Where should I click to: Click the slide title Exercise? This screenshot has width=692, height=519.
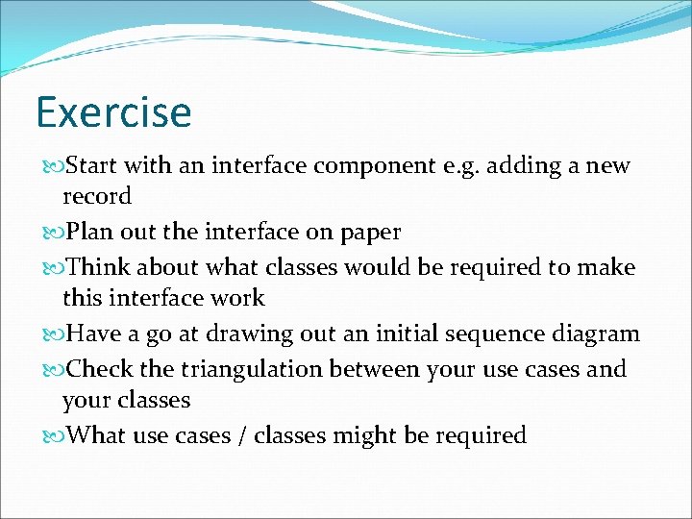(x=113, y=112)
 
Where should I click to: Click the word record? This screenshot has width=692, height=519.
(x=96, y=196)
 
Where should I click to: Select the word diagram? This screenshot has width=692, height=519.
(x=596, y=334)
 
